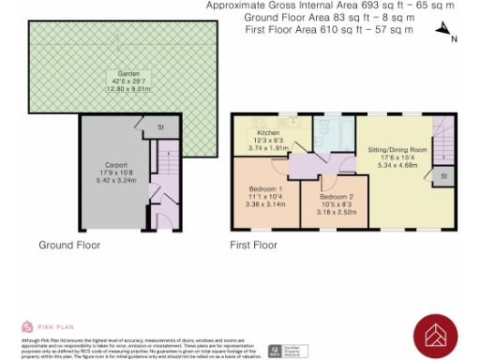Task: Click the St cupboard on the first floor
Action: [x=443, y=174]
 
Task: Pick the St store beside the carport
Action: [x=160, y=127]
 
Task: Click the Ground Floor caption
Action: [x=69, y=245]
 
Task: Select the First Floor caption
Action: [x=254, y=245]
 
